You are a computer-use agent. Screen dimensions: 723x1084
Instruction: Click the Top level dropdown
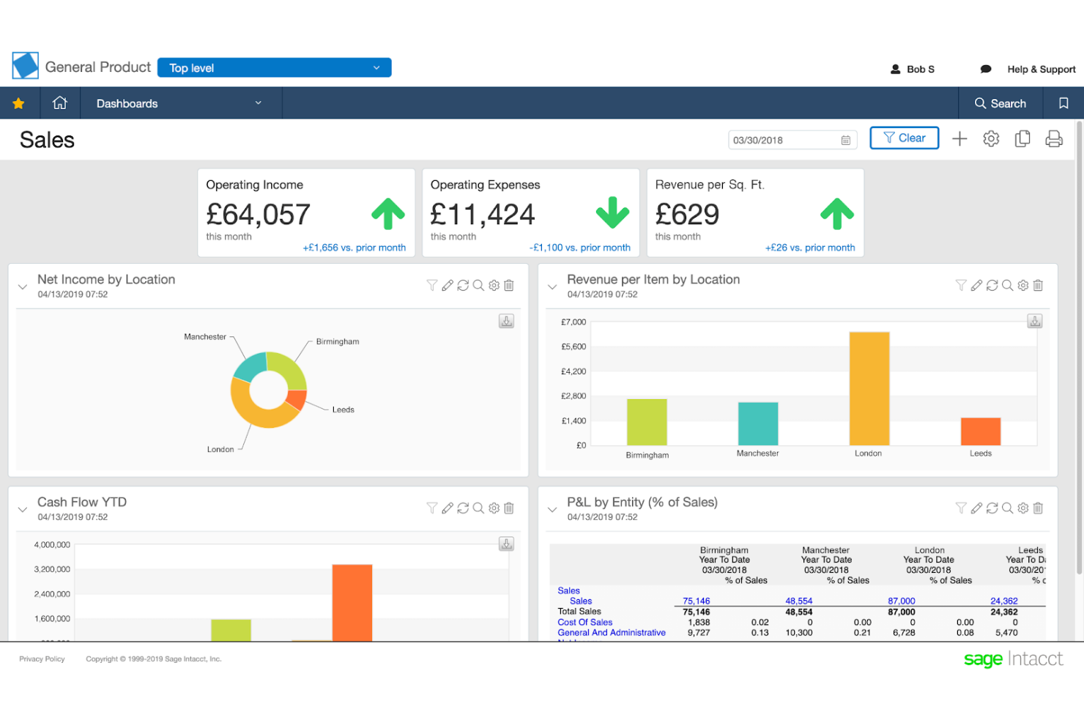274,67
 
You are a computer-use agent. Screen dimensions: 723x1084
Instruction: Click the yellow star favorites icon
18,103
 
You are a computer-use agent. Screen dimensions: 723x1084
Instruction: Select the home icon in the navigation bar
60,103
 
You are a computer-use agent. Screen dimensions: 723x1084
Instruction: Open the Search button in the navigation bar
1000,103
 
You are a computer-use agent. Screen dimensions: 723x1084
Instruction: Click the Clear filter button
904,138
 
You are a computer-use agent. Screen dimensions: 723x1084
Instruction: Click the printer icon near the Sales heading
1053,138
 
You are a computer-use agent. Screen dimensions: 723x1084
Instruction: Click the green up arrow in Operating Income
387,214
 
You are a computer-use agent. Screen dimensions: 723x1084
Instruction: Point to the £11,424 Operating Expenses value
482,215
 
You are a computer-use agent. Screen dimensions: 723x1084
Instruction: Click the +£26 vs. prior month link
809,248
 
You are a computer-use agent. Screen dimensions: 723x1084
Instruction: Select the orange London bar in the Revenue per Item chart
869,388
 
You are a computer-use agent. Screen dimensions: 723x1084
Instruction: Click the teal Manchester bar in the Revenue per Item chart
757,423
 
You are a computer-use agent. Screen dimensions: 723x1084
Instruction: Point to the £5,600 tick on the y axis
573,346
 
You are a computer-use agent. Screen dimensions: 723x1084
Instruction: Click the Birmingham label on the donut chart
337,341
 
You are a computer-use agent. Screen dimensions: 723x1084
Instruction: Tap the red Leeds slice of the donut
296,399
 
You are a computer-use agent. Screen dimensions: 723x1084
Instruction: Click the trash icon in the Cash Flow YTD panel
509,508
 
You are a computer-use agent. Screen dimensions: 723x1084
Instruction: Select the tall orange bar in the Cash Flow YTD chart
352,602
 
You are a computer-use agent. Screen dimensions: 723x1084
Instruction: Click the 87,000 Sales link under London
901,601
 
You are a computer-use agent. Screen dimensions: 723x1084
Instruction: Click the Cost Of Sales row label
584,622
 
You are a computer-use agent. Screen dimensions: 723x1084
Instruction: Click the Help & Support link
1041,69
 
